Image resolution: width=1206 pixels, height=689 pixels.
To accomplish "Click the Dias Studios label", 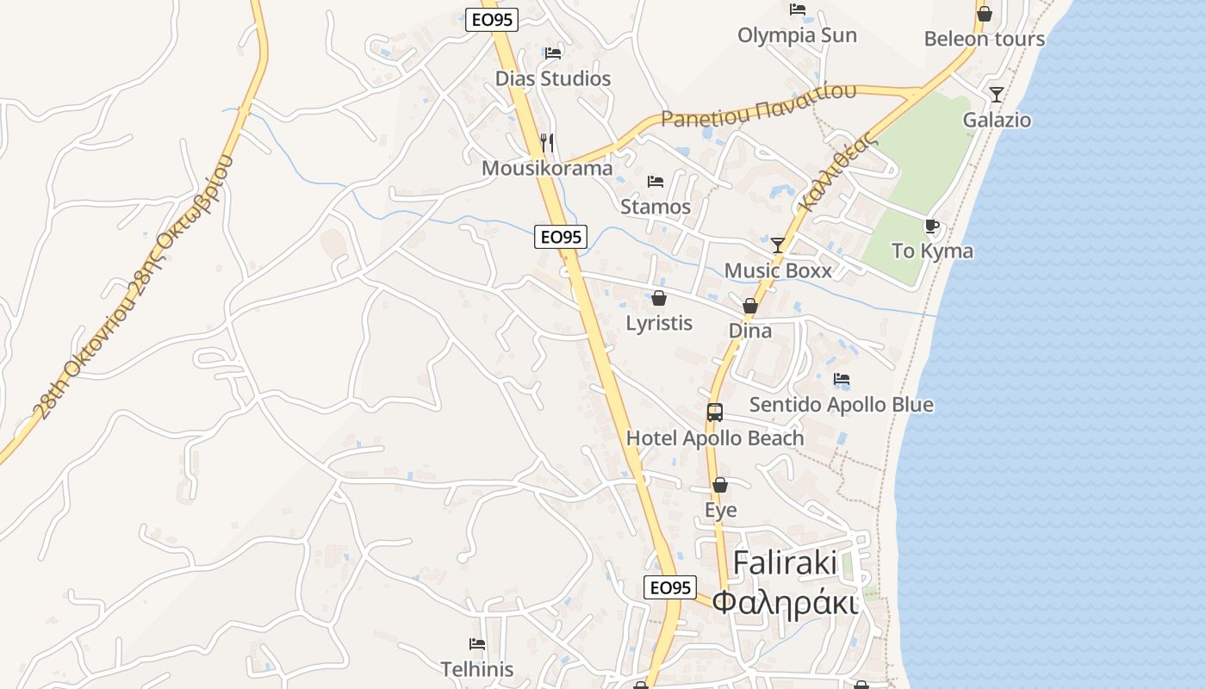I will coord(552,79).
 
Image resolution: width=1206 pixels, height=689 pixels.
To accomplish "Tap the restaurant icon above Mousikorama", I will coord(547,142).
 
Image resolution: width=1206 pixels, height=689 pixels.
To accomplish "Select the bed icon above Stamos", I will coord(656,182).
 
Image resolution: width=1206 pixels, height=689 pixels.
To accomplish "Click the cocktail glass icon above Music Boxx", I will coord(778,245).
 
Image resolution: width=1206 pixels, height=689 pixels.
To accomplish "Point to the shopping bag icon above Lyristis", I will coord(659,298).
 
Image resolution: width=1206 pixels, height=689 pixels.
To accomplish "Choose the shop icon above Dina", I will coord(750,306).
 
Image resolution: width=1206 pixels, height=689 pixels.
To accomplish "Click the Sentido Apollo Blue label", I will coord(841,405).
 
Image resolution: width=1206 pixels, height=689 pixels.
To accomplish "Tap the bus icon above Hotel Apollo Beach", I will coord(715,413).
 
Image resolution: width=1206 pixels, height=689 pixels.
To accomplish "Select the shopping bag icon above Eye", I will coord(720,485).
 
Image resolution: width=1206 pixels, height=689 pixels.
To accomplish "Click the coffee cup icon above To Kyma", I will coord(932,227).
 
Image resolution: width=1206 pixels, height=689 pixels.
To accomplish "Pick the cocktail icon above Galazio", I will coord(997,95).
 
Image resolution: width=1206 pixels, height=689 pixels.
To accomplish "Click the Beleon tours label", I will coord(984,39).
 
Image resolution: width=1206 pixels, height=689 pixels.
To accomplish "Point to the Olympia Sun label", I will coord(797,35).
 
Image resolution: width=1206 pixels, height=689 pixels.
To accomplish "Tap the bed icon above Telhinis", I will coord(477,644).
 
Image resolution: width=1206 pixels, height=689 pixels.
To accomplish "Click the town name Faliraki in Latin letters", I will coord(785,563).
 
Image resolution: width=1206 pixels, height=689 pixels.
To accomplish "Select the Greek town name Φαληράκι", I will coord(786,603).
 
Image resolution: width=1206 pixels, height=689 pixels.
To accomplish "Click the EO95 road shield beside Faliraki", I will coord(669,587).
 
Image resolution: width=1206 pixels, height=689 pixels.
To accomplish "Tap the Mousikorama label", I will coord(547,168).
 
